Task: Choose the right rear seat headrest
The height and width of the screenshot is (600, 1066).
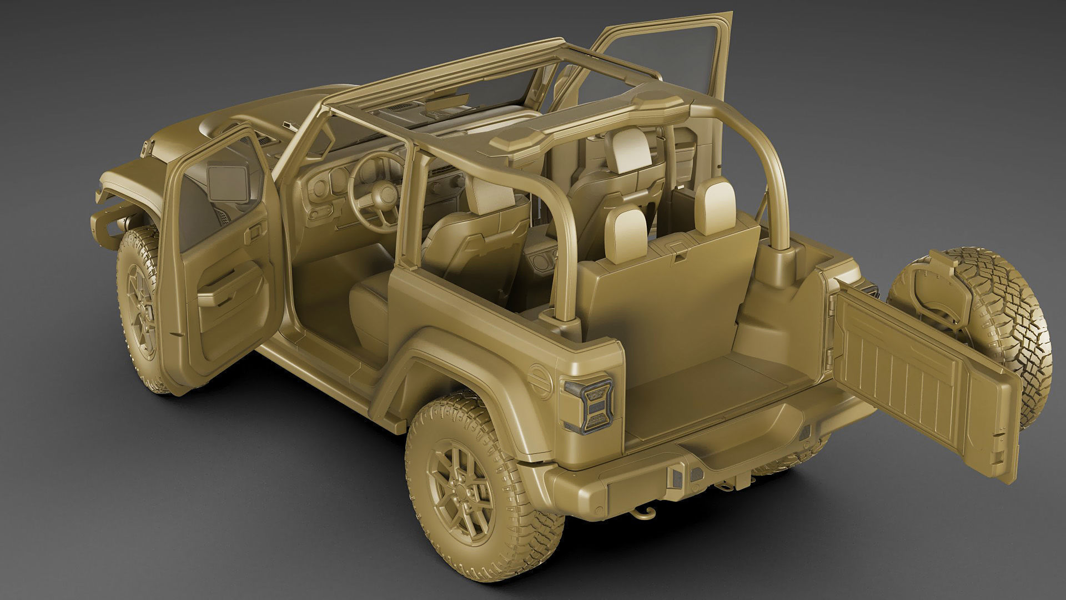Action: click(x=715, y=207)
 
